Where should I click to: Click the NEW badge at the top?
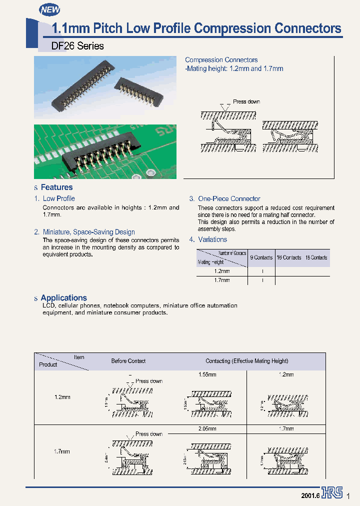(x=49, y=9)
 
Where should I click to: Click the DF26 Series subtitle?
(x=78, y=46)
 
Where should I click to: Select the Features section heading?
(x=56, y=187)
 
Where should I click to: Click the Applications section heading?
(x=63, y=298)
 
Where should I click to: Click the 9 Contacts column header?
(x=261, y=258)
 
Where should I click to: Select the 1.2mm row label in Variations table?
(x=221, y=271)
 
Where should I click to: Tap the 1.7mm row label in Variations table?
(x=221, y=280)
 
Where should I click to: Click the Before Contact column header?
(x=128, y=361)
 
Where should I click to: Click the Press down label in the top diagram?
(x=246, y=101)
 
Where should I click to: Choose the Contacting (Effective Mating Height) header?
(x=247, y=361)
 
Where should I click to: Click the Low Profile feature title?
(x=59, y=198)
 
